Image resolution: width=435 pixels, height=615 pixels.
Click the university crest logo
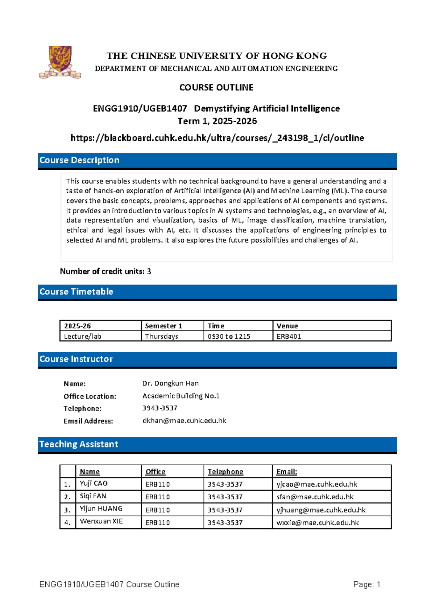[60, 62]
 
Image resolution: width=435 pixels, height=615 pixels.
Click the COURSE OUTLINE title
[216, 87]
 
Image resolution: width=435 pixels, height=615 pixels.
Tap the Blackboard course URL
[217, 138]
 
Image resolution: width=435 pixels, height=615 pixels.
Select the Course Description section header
[79, 160]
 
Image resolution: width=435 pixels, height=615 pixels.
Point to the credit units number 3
[149, 271]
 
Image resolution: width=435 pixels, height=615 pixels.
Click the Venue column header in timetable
[287, 326]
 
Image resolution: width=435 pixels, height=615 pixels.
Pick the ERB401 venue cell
[289, 336]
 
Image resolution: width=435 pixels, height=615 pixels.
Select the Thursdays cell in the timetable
[162, 336]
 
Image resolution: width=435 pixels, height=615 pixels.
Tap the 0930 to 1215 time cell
[229, 336]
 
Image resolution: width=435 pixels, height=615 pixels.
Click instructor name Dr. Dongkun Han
[170, 383]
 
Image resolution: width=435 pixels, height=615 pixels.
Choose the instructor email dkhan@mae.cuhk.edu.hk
[184, 421]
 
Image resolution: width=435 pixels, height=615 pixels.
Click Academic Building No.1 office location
[181, 396]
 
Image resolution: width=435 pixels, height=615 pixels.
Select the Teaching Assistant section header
[79, 444]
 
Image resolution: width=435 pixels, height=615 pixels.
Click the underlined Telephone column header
[225, 471]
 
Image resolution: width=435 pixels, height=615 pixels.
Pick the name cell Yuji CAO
[94, 483]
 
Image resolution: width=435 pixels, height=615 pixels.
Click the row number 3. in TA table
[67, 510]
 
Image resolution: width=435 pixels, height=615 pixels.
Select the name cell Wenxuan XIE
[101, 521]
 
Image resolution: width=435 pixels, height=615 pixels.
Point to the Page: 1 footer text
[366, 584]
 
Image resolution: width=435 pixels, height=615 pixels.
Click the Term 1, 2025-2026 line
[217, 121]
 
